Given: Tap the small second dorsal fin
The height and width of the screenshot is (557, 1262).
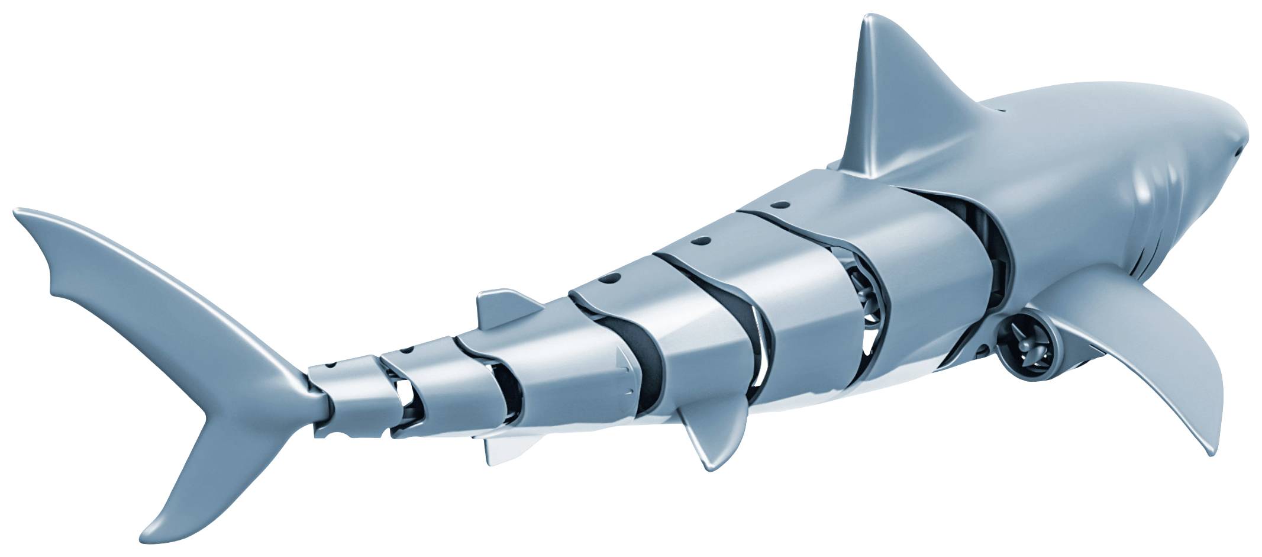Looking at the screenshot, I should coord(503,307).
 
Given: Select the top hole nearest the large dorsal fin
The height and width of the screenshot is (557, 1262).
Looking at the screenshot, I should coord(780,205).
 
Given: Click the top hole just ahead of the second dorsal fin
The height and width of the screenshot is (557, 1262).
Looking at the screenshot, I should coord(609,278).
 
